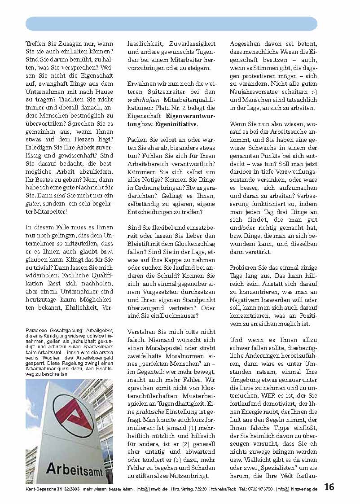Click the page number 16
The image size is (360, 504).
tap(329, 487)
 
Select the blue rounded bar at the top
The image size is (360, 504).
tap(171, 24)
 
